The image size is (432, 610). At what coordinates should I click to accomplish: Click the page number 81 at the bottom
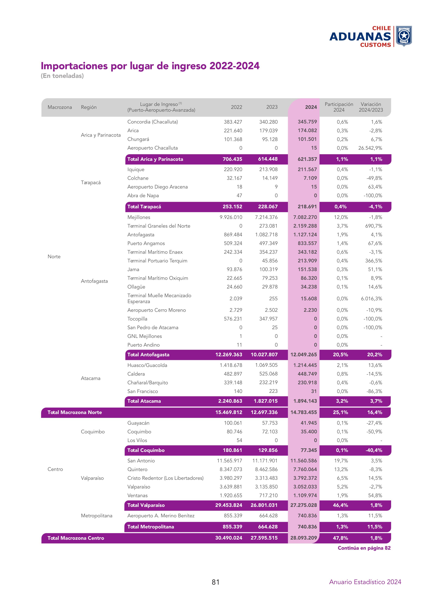[x=215, y=582]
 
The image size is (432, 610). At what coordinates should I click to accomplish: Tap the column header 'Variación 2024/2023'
[x=371, y=107]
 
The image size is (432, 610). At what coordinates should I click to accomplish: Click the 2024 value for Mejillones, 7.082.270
[x=305, y=217]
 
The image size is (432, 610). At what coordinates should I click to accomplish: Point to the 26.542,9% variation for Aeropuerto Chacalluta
[x=370, y=148]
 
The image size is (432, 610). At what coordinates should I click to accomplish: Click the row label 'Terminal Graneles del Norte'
[x=159, y=226]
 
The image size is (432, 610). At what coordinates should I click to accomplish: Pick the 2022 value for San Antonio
[x=229, y=460]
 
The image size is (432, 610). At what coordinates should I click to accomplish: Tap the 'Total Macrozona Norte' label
[x=75, y=412]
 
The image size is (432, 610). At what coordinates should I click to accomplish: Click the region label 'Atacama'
[x=90, y=378]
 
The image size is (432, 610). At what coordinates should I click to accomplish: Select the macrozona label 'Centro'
[x=55, y=469]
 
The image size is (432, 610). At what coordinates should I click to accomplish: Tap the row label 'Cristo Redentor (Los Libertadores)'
[x=165, y=478]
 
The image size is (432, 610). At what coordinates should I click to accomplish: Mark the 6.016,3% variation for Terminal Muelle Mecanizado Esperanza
[x=371, y=298]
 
